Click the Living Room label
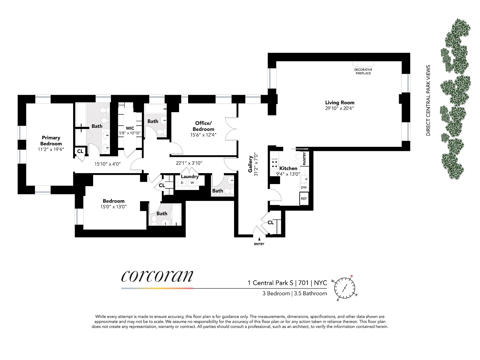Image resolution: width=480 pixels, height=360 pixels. tap(340, 102)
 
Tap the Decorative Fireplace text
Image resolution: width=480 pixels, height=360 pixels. tap(363, 72)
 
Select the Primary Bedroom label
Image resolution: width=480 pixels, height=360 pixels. tap(51, 141)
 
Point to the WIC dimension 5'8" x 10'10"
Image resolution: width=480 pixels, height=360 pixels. tap(130, 133)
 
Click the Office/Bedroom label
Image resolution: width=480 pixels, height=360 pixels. tap(203, 126)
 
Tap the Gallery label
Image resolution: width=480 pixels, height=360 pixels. tap(250, 164)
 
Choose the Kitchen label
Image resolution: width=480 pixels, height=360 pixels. tap(288, 168)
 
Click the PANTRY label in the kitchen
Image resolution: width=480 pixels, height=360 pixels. tap(304, 159)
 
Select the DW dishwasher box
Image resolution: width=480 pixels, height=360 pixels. tap(304, 187)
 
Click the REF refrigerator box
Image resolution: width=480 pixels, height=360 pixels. tap(304, 198)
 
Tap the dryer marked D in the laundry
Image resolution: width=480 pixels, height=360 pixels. tap(182, 183)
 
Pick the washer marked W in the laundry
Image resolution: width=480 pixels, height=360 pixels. tap(192, 183)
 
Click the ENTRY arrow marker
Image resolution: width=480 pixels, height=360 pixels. tap(259, 239)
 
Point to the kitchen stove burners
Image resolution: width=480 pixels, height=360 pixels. tap(274, 164)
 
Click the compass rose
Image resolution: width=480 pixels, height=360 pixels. tap(345, 288)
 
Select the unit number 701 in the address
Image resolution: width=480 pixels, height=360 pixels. tap(303, 283)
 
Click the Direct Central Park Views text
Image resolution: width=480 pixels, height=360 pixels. tap(428, 100)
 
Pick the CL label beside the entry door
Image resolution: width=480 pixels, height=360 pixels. tap(271, 222)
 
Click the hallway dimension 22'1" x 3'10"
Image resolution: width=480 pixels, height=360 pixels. tap(189, 163)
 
